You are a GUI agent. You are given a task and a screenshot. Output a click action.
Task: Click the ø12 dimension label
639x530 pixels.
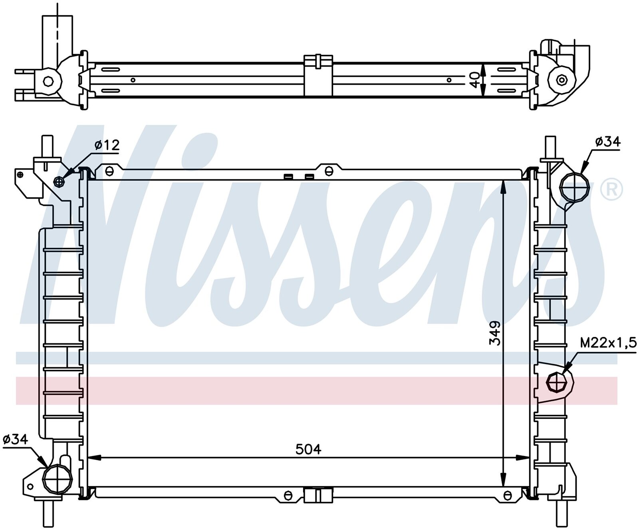point(107,145)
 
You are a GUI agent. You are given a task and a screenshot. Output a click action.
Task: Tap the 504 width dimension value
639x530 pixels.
point(308,449)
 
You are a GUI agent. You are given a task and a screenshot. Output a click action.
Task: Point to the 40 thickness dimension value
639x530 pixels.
point(474,79)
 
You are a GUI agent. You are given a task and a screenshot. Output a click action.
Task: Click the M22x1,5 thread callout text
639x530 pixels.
point(608,343)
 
